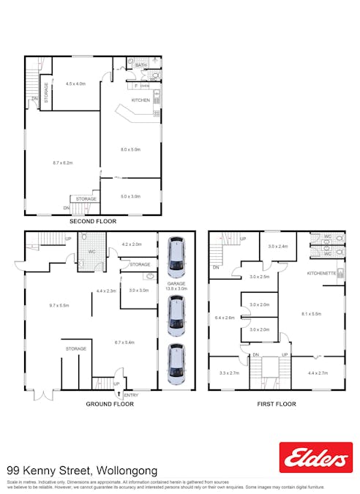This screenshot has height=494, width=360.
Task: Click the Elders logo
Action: [315, 457]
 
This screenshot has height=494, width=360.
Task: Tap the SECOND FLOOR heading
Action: [93, 220]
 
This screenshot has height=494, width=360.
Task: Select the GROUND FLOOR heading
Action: [110, 403]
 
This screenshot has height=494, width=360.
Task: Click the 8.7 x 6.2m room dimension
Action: [62, 162]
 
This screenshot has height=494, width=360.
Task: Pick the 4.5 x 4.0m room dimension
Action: [75, 84]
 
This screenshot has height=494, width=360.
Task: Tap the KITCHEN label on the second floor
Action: [140, 100]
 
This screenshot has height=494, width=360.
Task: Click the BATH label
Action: [140, 65]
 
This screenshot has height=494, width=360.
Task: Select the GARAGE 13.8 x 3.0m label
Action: [176, 286]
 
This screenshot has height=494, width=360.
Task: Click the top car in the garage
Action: [176, 257]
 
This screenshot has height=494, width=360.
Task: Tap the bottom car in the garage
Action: [176, 364]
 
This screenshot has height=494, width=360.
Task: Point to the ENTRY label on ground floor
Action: [130, 394]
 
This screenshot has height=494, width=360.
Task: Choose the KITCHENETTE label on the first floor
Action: [321, 273]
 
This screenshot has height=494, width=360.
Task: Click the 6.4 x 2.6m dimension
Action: [225, 318]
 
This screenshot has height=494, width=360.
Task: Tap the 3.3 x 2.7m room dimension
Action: [229, 373]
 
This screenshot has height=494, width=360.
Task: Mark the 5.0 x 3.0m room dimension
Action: [130, 196]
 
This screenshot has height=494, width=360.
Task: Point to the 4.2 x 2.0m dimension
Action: [131, 244]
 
